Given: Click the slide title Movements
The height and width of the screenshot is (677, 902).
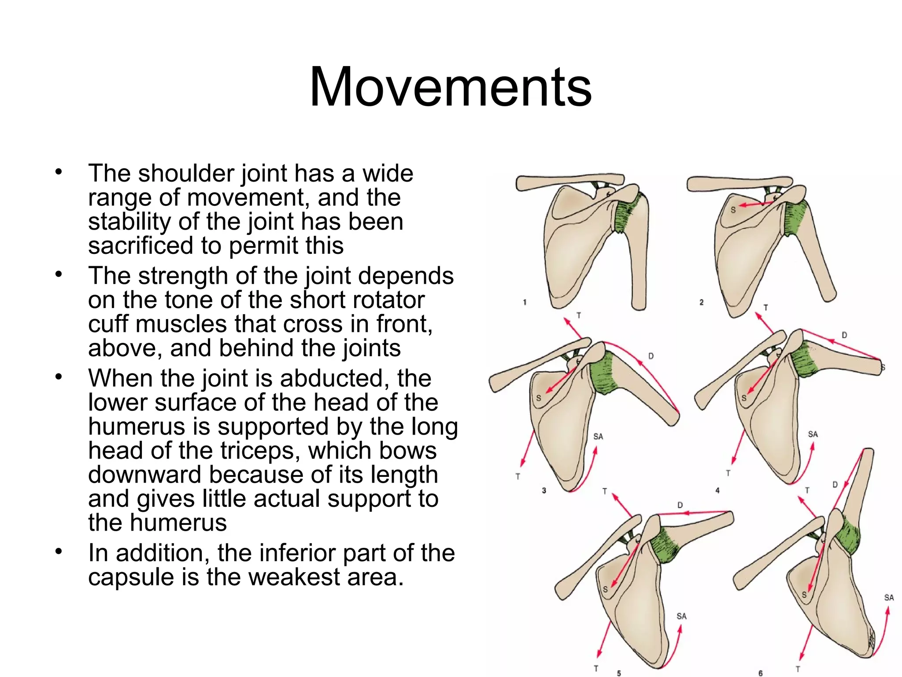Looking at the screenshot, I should click(450, 87).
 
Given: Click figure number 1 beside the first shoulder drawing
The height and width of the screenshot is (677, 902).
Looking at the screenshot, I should click(525, 302).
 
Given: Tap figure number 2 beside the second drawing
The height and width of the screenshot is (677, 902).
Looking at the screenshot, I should click(701, 302).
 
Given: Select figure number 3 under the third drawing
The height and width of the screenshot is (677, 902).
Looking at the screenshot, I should click(544, 491).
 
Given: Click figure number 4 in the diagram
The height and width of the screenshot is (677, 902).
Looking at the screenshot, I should click(717, 490).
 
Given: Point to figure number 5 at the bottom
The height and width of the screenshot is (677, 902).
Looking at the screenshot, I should click(619, 673).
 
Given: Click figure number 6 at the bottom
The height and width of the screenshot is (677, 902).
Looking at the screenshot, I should click(761, 673).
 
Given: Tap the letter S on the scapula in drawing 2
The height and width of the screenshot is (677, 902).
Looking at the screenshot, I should click(733, 210).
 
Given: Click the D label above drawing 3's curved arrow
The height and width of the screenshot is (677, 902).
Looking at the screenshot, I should click(651, 356).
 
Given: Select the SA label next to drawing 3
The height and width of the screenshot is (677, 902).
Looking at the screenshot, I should click(598, 436).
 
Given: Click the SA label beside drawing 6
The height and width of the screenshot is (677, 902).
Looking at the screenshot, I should click(889, 598).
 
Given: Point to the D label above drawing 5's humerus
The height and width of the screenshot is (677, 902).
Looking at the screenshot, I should click(680, 505).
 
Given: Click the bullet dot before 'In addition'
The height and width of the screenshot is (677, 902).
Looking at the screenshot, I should click(59, 551).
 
